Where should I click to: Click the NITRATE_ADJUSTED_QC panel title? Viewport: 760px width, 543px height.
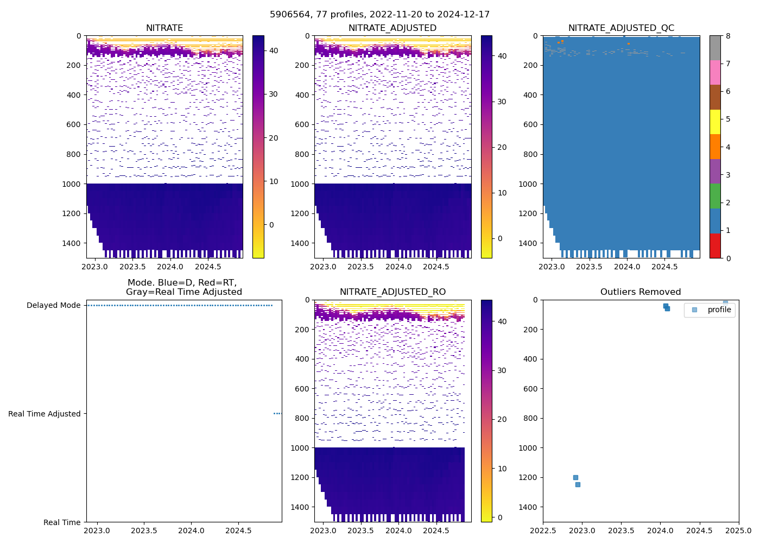(621, 28)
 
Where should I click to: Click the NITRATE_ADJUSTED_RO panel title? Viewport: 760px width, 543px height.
(392, 292)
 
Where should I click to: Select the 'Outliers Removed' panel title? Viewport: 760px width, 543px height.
(641, 292)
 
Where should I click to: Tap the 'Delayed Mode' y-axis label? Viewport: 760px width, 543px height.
(53, 305)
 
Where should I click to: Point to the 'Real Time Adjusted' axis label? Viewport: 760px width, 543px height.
(44, 414)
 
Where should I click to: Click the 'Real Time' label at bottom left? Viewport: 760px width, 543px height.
(62, 522)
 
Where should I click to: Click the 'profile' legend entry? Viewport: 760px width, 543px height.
(719, 310)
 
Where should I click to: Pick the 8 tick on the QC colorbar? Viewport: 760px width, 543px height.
(728, 36)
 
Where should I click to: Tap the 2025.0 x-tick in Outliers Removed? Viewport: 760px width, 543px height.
(738, 531)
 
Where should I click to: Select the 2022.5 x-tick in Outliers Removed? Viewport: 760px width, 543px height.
(543, 531)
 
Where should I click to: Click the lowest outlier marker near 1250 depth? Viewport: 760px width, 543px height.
(578, 484)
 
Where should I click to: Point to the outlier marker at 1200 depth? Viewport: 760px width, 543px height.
(575, 477)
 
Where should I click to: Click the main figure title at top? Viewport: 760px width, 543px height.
(379, 14)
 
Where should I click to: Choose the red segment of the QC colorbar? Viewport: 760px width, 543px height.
(715, 245)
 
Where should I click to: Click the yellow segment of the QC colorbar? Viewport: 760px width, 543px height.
(715, 122)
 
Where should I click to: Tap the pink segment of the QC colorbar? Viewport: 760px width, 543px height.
(715, 72)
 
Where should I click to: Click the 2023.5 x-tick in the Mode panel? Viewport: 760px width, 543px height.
(144, 531)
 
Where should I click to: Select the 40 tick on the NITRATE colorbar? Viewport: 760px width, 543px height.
(274, 50)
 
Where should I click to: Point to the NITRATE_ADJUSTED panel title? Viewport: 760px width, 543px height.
(392, 28)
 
